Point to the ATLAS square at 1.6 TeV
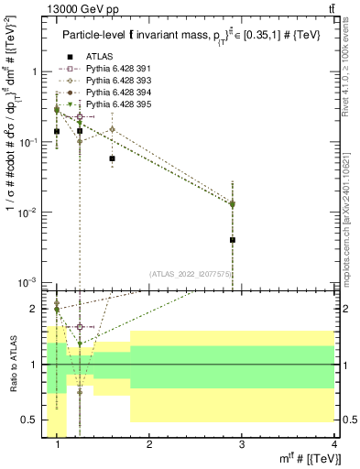pyautogui.click(x=112, y=158)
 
